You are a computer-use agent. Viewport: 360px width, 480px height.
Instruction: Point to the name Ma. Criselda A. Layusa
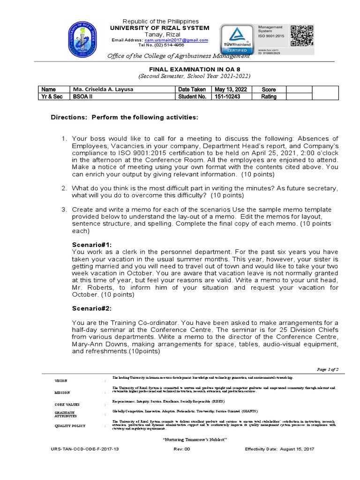(99, 89)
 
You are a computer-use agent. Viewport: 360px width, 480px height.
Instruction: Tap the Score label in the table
(269, 89)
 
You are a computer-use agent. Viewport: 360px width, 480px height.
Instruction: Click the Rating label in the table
(269, 97)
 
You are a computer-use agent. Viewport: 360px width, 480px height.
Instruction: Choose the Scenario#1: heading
(92, 245)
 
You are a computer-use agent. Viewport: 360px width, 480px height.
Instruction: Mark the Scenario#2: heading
(92, 308)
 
